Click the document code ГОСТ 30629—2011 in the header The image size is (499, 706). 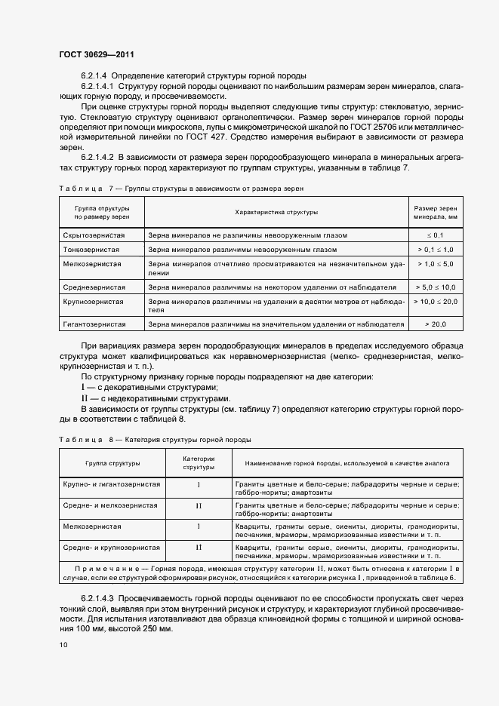pyautogui.click(x=97, y=54)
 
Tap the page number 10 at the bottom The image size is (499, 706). pyautogui.click(x=63, y=644)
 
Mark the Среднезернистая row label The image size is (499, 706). pyautogui.click(x=94, y=287)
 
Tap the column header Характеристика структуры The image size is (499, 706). pyautogui.click(x=276, y=212)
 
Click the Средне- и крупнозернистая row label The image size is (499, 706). pyautogui.click(x=112, y=547)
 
